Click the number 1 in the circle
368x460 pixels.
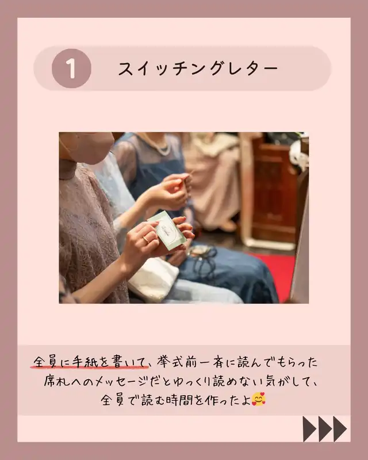pyautogui.click(x=71, y=68)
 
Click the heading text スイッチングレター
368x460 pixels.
pyautogui.click(x=198, y=69)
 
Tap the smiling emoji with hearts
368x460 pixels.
pyautogui.click(x=259, y=399)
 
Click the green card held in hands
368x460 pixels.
pyautogui.click(x=167, y=230)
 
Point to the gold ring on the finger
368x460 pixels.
pyautogui.click(x=146, y=239)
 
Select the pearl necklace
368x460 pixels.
pyautogui.click(x=159, y=146)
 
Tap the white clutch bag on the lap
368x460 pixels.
pyautogui.click(x=154, y=279)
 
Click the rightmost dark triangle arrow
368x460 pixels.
pyautogui.click(x=339, y=429)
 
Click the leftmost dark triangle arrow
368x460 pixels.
pyautogui.click(x=309, y=429)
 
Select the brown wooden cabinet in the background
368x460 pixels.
pyautogui.click(x=274, y=191)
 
